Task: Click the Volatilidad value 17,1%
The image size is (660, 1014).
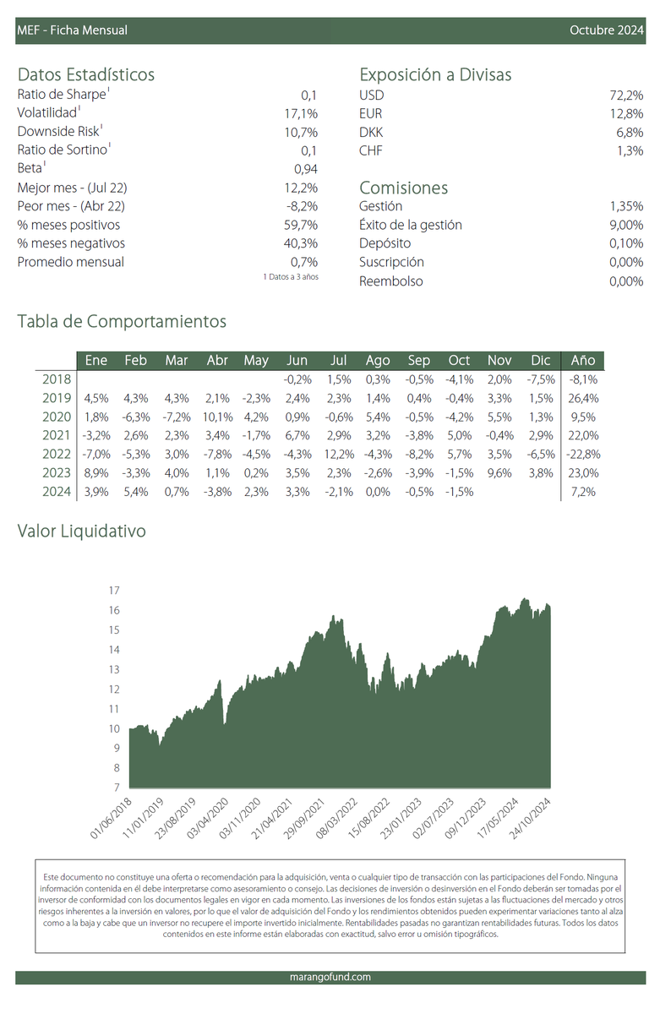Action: [301, 113]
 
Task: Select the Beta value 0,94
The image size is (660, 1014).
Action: [306, 169]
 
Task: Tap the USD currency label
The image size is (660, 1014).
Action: [371, 95]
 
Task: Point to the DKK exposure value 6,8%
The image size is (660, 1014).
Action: [630, 132]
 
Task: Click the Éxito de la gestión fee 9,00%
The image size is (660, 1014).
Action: [626, 225]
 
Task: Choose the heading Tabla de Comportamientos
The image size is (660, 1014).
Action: [122, 321]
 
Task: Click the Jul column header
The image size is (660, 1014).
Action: [338, 360]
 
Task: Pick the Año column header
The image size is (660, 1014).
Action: [582, 360]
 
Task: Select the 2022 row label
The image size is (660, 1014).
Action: [57, 454]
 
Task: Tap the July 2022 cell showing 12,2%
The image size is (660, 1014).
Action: [339, 454]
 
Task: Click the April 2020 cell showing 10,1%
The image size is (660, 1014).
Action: [218, 417]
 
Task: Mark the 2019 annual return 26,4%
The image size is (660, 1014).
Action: [583, 398]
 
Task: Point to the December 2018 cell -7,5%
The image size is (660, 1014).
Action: [541, 379]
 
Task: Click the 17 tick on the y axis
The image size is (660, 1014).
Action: [114, 591]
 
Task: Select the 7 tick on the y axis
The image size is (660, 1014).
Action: [117, 788]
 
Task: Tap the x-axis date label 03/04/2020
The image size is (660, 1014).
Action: [207, 819]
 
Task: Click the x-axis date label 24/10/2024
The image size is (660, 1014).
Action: [530, 819]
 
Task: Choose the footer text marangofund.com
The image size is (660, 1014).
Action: [330, 977]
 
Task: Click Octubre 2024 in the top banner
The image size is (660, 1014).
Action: [606, 30]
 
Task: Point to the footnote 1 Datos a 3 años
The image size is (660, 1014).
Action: [291, 276]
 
